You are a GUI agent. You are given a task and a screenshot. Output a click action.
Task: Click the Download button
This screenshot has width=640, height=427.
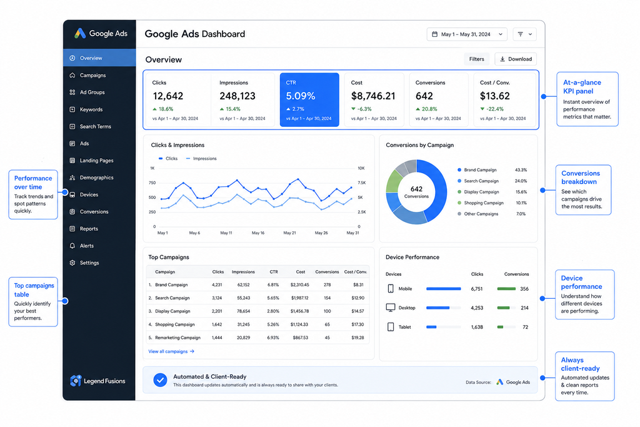516,59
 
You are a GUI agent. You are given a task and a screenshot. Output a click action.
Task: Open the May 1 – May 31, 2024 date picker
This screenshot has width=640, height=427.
467,34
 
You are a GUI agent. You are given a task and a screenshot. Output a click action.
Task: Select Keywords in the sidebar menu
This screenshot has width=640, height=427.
91,109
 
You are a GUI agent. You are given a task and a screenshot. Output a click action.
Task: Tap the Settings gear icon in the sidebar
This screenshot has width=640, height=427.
72,263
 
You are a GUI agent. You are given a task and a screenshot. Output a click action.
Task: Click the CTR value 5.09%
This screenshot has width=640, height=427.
301,96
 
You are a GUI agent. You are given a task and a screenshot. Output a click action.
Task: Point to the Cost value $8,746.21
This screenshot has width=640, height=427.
373,96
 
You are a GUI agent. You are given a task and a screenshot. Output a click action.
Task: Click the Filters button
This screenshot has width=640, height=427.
476,59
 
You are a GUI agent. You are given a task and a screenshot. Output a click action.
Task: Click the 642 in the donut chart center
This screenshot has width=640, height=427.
416,189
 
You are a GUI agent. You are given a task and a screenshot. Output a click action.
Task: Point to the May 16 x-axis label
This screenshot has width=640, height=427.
258,233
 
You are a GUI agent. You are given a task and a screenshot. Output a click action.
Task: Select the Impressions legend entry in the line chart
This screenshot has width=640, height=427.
201,158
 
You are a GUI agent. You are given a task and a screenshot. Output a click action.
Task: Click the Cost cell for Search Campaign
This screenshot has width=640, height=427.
300,298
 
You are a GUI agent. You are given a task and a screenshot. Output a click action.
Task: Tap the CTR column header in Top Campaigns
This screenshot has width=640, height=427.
274,272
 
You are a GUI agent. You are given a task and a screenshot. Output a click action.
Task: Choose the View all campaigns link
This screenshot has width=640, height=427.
171,351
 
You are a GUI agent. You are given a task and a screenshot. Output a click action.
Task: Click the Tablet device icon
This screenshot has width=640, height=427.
391,327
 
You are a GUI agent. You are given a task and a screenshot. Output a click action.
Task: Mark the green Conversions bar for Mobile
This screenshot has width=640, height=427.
506,289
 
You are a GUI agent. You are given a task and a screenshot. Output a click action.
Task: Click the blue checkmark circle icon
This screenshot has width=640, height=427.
160,380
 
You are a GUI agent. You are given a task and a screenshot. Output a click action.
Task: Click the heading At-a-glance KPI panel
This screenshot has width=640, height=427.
582,86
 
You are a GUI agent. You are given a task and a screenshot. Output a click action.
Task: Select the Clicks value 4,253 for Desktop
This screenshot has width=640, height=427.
477,308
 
